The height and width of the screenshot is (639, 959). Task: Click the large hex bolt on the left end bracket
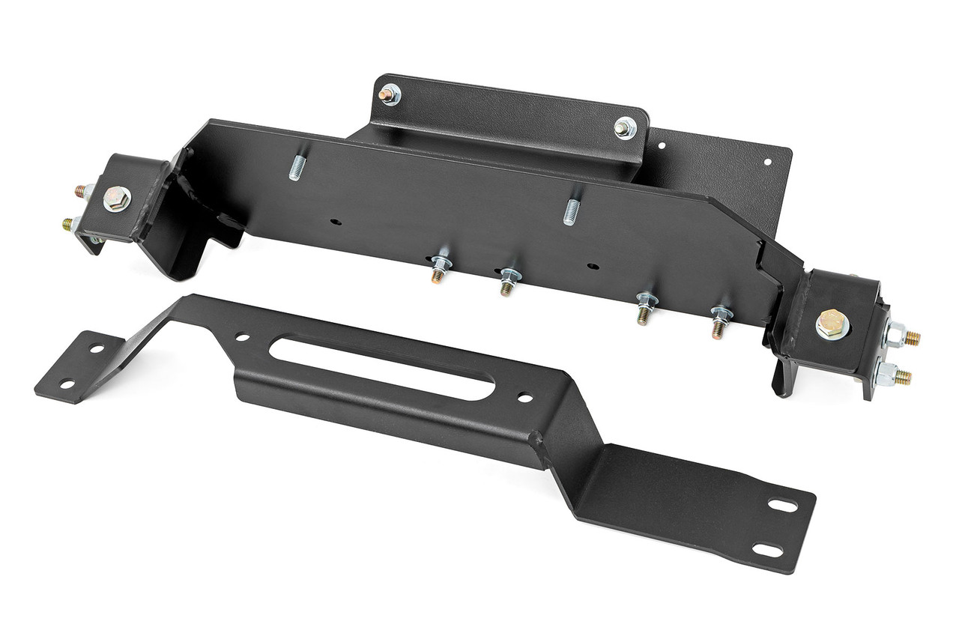tap(116, 199)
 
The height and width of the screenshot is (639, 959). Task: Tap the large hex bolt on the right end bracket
tap(832, 324)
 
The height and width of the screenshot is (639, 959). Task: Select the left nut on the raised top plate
tap(389, 94)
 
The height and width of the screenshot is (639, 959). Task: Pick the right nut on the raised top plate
tap(625, 128)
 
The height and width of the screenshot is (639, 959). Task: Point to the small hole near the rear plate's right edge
tap(766, 161)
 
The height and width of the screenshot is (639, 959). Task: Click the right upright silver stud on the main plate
tap(572, 212)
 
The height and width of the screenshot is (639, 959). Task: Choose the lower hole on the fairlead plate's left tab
tap(68, 384)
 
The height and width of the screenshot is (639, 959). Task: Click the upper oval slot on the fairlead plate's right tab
tap(784, 506)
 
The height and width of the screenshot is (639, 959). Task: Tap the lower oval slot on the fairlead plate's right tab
tap(767, 550)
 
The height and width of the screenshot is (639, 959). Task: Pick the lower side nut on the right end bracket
tap(887, 375)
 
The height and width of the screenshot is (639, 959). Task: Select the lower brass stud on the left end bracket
tap(70, 222)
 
